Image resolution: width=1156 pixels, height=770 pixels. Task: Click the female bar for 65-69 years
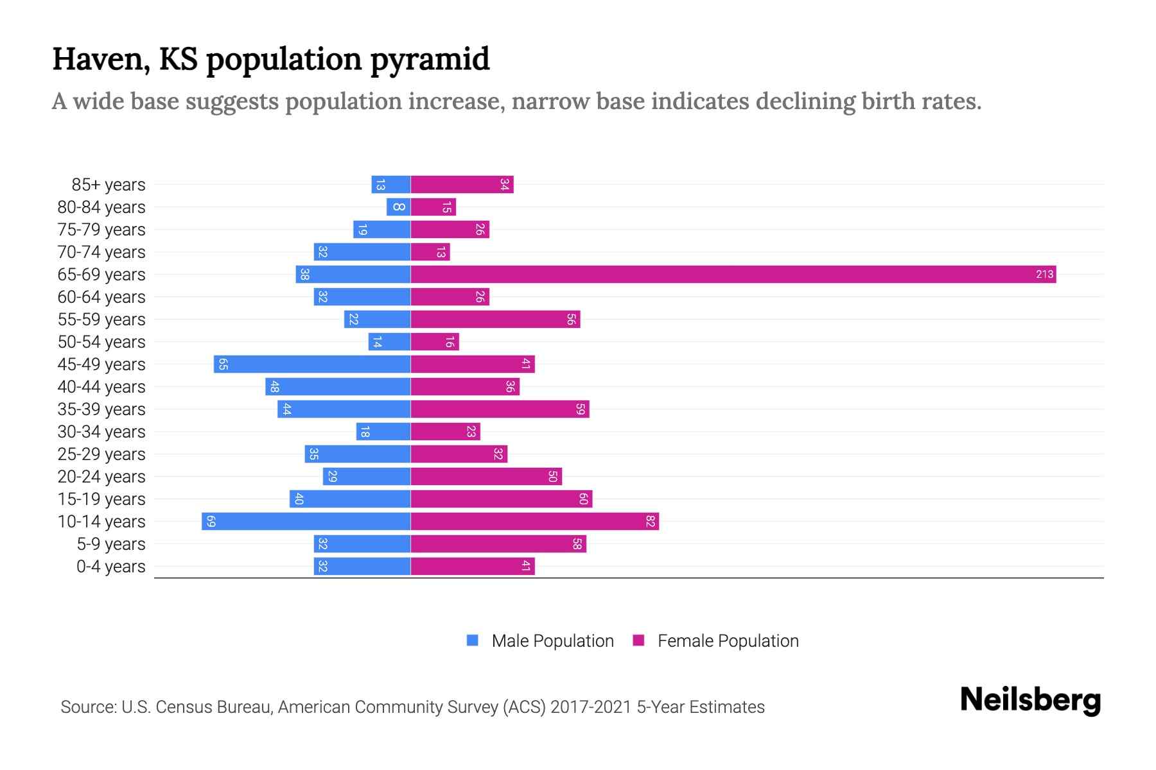732,275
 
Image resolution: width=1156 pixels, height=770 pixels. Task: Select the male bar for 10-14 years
306,522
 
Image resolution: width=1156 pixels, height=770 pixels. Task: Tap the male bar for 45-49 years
312,364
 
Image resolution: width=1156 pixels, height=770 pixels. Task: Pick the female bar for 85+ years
462,185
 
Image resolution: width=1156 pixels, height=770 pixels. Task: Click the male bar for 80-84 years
398,207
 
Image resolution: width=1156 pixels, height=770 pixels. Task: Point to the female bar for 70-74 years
430,252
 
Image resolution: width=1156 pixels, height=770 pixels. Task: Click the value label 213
1044,275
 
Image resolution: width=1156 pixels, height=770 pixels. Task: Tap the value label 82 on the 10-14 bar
650,522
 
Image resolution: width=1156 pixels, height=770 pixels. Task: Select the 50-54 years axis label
101,342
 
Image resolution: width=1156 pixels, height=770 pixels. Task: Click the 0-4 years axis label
110,567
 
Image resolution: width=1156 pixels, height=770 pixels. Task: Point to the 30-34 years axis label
101,432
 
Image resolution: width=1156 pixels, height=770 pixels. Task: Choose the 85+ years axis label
109,185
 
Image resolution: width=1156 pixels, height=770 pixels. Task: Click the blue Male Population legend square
473,640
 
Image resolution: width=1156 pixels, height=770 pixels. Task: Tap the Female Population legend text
728,640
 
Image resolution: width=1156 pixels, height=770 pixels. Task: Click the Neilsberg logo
1030,700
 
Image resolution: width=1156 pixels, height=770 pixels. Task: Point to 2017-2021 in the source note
591,707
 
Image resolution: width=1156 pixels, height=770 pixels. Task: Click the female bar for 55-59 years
495,320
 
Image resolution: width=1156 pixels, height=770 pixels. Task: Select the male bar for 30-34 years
383,432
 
